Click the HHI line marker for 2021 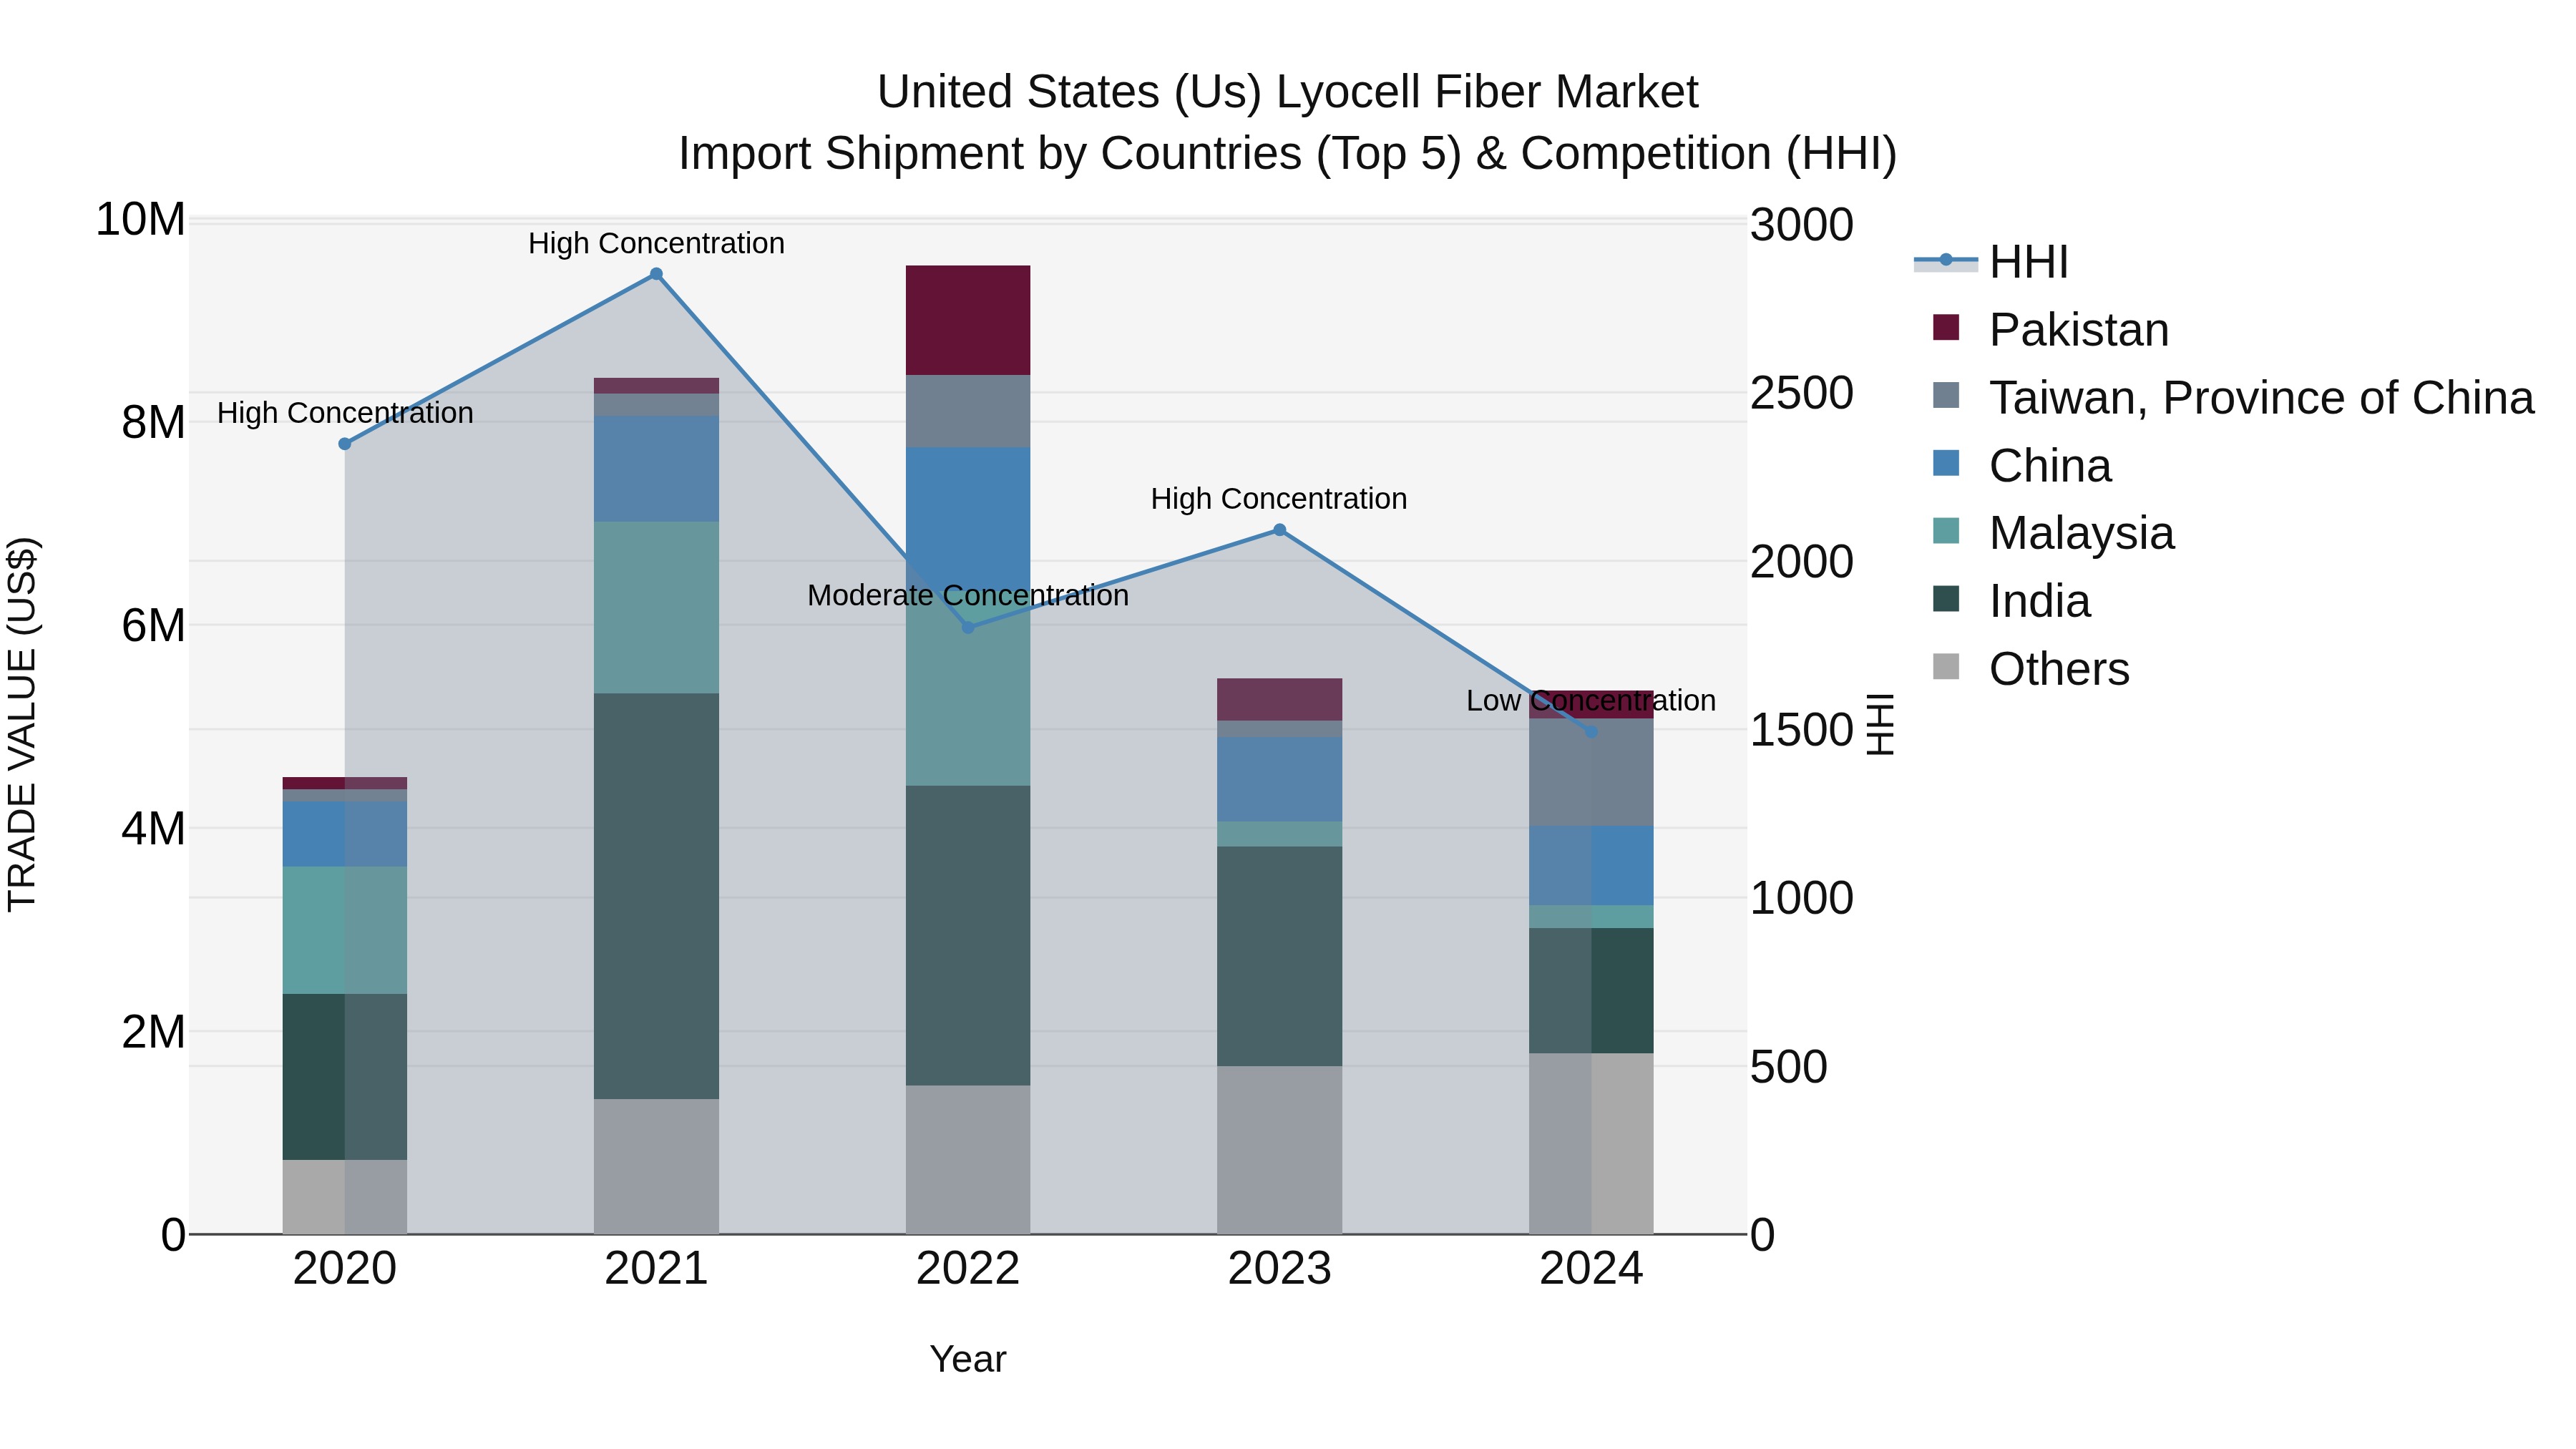click(x=656, y=274)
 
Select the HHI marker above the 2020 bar click(x=345, y=444)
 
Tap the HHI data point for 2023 click(x=1279, y=530)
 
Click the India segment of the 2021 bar click(x=656, y=895)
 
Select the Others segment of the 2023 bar click(x=1279, y=1149)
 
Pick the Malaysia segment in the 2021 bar click(x=656, y=607)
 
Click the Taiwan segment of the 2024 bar click(x=1591, y=772)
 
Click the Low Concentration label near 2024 click(x=1590, y=701)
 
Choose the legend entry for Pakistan click(x=2078, y=330)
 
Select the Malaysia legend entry click(x=2081, y=533)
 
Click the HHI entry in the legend click(x=2028, y=262)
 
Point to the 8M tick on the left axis click(x=153, y=423)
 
